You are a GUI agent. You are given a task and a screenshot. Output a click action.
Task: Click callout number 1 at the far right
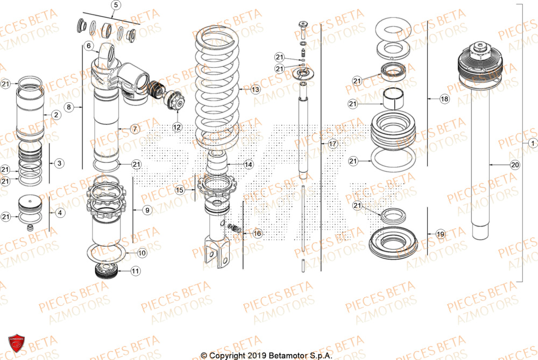[x=532, y=143]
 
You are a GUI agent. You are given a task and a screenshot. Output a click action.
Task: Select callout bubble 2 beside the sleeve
[x=55, y=115]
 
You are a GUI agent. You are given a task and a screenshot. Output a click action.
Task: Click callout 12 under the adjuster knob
[x=177, y=127]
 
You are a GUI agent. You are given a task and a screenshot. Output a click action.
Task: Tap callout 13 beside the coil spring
[x=254, y=89]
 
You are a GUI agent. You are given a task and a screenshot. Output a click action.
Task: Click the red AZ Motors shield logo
[x=16, y=342]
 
